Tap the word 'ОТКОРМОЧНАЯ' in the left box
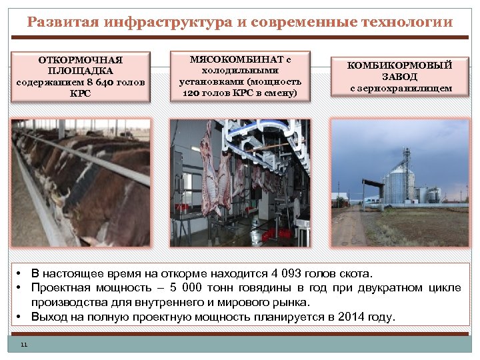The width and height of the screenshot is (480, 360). pyautogui.click(x=80, y=60)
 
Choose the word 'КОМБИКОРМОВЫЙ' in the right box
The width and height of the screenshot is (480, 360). pyautogui.click(x=400, y=65)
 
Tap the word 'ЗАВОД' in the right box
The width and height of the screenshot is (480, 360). pyautogui.click(x=400, y=77)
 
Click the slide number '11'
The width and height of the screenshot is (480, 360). pyautogui.click(x=25, y=345)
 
